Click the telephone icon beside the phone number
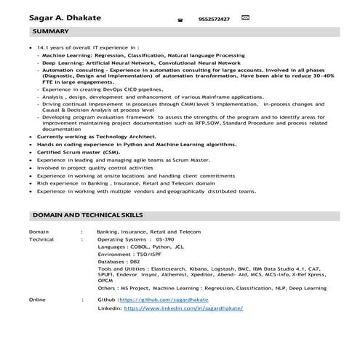click(179, 20)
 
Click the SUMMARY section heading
click(51, 32)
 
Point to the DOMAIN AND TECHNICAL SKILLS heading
click(88, 215)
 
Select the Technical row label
click(41, 239)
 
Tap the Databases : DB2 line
click(118, 260)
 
